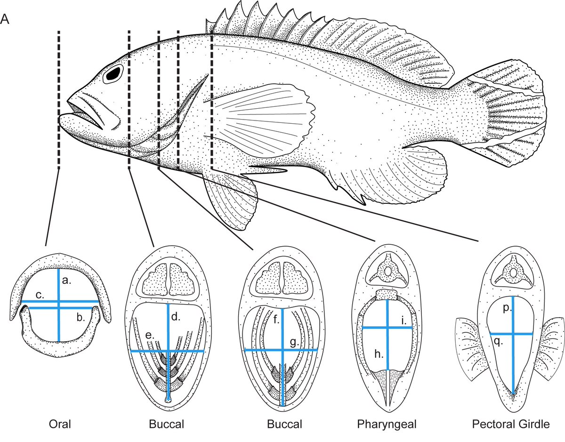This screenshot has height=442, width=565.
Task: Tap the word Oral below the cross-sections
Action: tap(60, 424)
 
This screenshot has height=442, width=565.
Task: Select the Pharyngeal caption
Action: tap(387, 424)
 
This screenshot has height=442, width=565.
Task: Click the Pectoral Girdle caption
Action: tap(511, 424)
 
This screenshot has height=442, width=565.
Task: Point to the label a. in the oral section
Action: tap(66, 281)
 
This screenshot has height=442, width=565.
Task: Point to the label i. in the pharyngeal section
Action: tap(404, 320)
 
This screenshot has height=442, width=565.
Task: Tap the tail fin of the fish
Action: tap(513, 113)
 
